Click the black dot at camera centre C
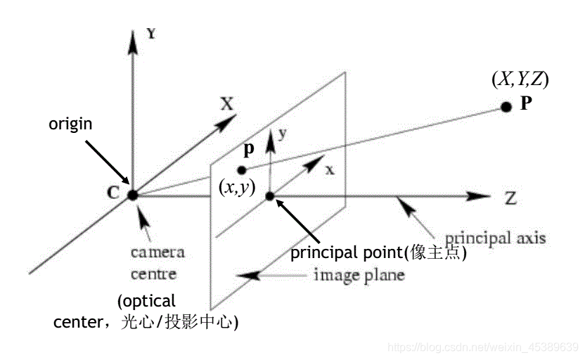click(132, 194)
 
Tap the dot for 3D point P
click(506, 107)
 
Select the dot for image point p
click(242, 169)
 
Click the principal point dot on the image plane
click(269, 195)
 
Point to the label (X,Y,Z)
click(520, 79)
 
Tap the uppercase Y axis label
click(151, 32)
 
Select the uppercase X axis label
click(226, 104)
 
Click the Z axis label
click(510, 198)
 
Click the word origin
click(71, 124)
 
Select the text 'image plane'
click(359, 274)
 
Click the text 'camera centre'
click(153, 262)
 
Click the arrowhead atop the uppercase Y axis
click(132, 41)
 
